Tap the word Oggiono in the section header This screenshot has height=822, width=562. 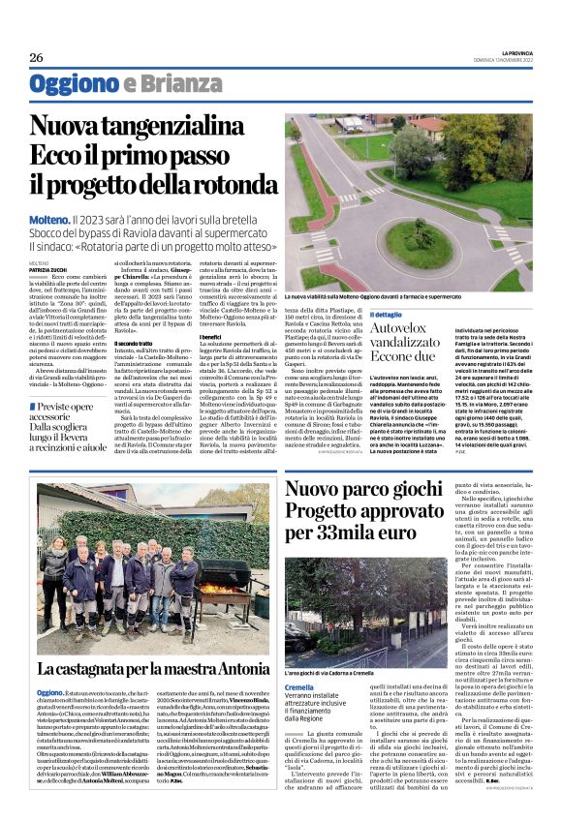click(73, 84)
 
